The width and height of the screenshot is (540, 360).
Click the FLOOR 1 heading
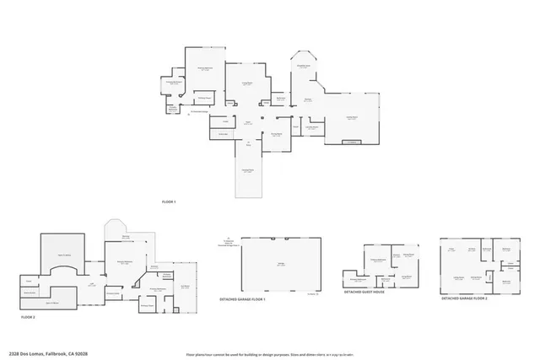click(x=169, y=202)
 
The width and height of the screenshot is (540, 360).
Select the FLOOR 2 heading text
click(x=30, y=317)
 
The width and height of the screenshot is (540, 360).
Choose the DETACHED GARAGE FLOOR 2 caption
click(x=470, y=298)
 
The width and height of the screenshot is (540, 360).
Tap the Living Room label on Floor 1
click(x=248, y=83)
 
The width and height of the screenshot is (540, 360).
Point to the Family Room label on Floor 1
click(x=353, y=118)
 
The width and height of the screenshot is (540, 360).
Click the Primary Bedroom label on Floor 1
click(x=204, y=68)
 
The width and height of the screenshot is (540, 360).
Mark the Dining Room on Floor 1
click(x=276, y=134)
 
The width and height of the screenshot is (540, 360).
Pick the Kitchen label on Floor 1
click(x=307, y=99)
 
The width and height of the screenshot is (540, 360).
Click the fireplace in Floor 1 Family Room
click(x=352, y=142)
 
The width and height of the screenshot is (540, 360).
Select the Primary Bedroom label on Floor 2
click(x=124, y=262)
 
